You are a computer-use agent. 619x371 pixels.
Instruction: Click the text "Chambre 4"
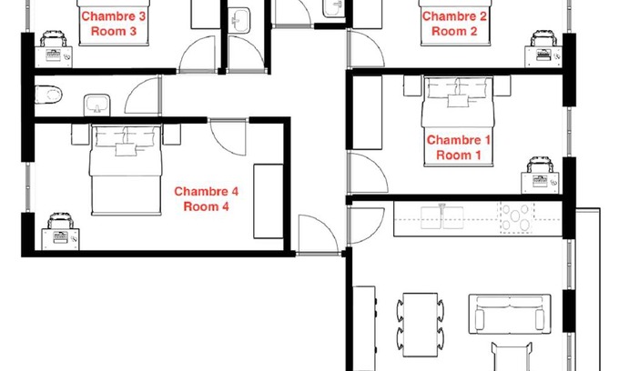206,192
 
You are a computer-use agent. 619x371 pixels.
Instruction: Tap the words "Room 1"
458,155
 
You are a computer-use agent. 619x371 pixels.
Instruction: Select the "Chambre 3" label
113,16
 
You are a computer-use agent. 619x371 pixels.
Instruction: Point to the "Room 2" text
454,31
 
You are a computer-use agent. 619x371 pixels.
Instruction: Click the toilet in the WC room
48,95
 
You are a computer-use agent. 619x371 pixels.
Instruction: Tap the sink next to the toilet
97,105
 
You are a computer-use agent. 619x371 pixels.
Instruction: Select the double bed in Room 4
126,169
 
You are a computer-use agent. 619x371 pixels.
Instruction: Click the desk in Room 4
60,239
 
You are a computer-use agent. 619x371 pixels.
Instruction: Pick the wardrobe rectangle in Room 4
268,202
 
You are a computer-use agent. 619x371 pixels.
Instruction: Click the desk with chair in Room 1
540,175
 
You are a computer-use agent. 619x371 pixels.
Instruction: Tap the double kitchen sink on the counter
441,217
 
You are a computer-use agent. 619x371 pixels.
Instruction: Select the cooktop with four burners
516,216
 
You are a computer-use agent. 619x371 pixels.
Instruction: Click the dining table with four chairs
420,325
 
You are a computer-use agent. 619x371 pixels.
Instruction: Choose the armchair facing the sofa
512,356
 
